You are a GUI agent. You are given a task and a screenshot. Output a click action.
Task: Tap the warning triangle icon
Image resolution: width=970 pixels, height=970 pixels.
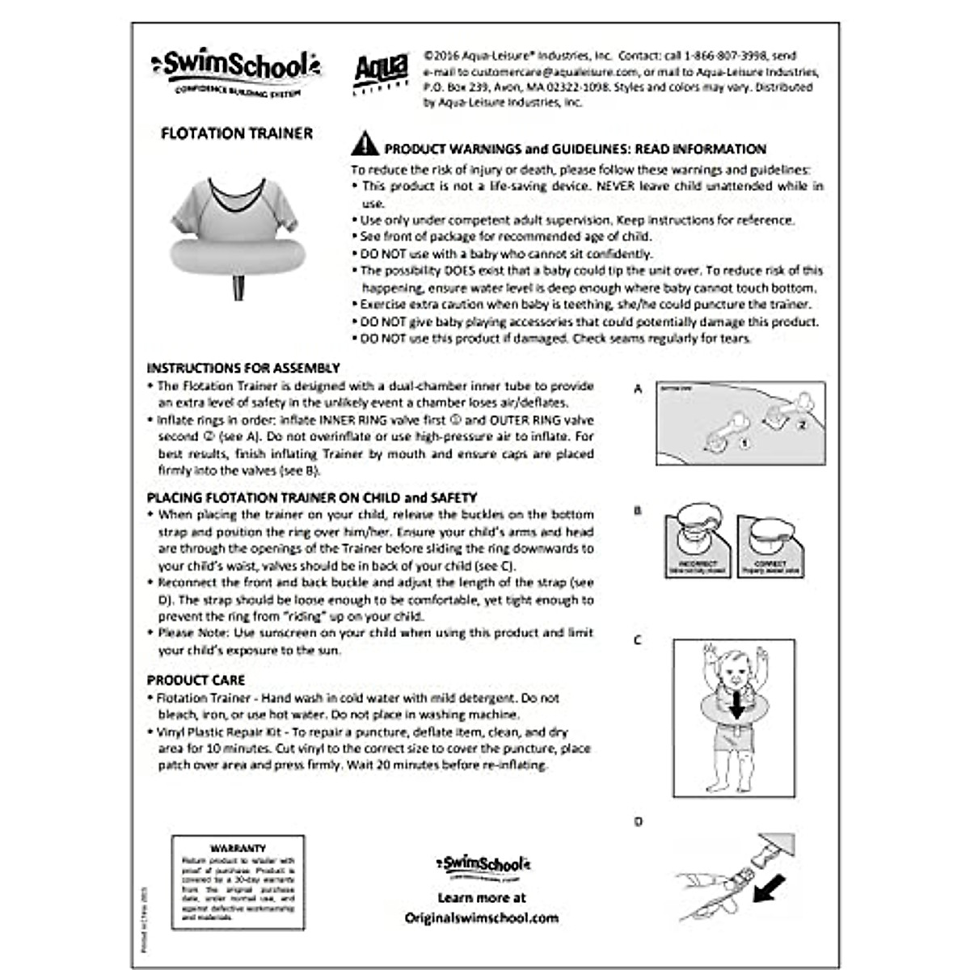(365, 144)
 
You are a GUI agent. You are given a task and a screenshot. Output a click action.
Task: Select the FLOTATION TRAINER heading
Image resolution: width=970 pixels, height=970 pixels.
(237, 134)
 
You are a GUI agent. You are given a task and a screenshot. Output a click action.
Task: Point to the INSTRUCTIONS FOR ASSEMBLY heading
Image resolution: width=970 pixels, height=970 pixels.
(243, 368)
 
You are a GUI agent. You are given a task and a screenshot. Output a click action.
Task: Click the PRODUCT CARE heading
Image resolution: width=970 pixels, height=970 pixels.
(196, 681)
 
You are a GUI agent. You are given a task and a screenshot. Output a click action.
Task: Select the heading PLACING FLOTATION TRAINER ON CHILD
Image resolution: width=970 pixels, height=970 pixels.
(312, 498)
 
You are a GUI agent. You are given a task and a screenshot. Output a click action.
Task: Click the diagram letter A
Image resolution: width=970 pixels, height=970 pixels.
(638, 389)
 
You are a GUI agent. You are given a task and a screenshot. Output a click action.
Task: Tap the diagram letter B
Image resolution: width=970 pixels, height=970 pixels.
(638, 511)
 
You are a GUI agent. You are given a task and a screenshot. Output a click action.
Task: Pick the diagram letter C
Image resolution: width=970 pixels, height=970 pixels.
(638, 640)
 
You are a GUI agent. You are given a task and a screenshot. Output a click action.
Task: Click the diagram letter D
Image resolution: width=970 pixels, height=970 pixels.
(638, 822)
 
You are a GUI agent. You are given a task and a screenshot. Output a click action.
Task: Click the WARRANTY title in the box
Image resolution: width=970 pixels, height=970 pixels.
(238, 848)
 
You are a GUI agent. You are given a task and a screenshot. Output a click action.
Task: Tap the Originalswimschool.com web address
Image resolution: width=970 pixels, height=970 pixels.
(482, 917)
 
